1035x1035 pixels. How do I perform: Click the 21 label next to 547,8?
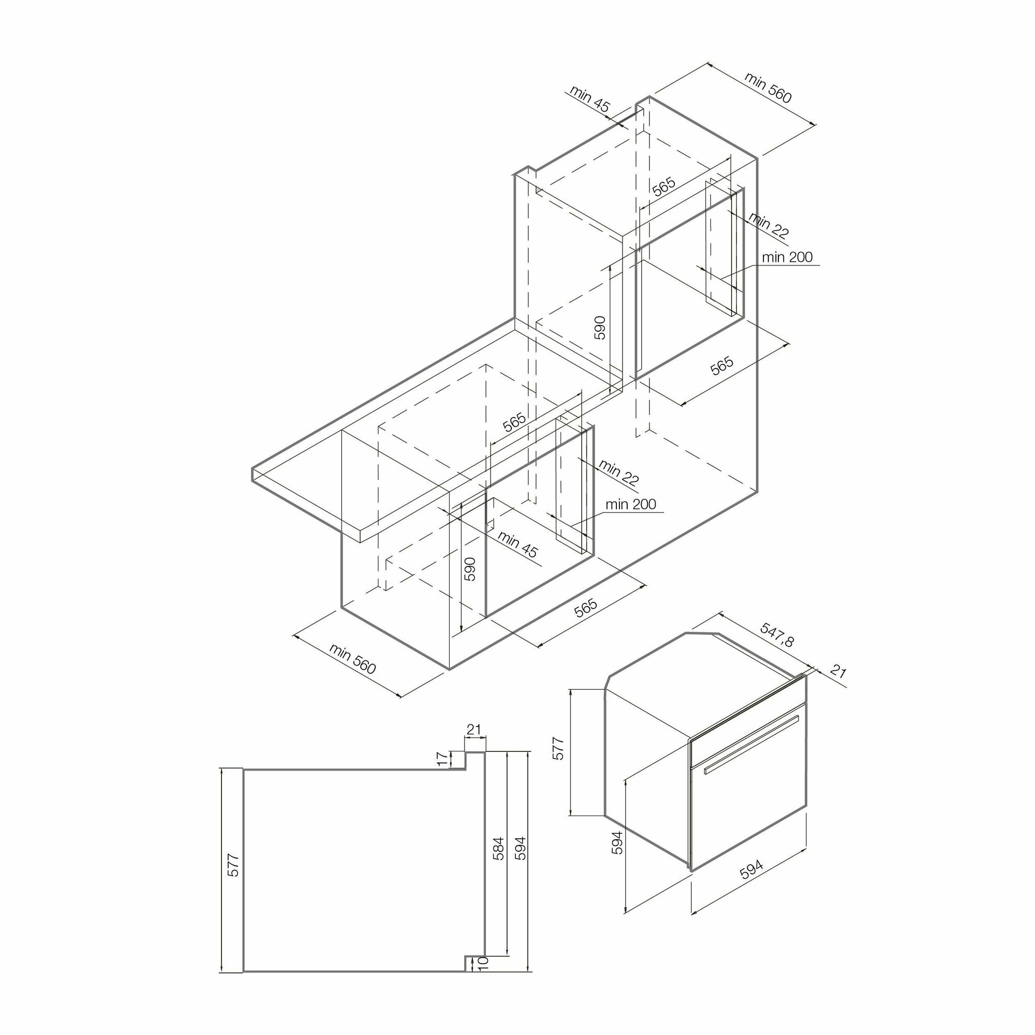[x=838, y=671]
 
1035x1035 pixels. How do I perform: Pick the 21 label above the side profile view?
[x=474, y=729]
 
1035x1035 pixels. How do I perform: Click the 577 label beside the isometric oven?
[x=558, y=748]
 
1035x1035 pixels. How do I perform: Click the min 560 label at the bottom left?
[x=352, y=659]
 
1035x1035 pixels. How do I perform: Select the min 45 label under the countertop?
[x=517, y=544]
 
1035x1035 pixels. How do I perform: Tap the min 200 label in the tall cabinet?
[x=787, y=257]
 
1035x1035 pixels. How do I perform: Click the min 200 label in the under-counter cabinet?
[x=630, y=504]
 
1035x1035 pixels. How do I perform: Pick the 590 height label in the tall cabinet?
[x=599, y=328]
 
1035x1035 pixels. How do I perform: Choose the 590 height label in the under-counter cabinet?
[x=469, y=569]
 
